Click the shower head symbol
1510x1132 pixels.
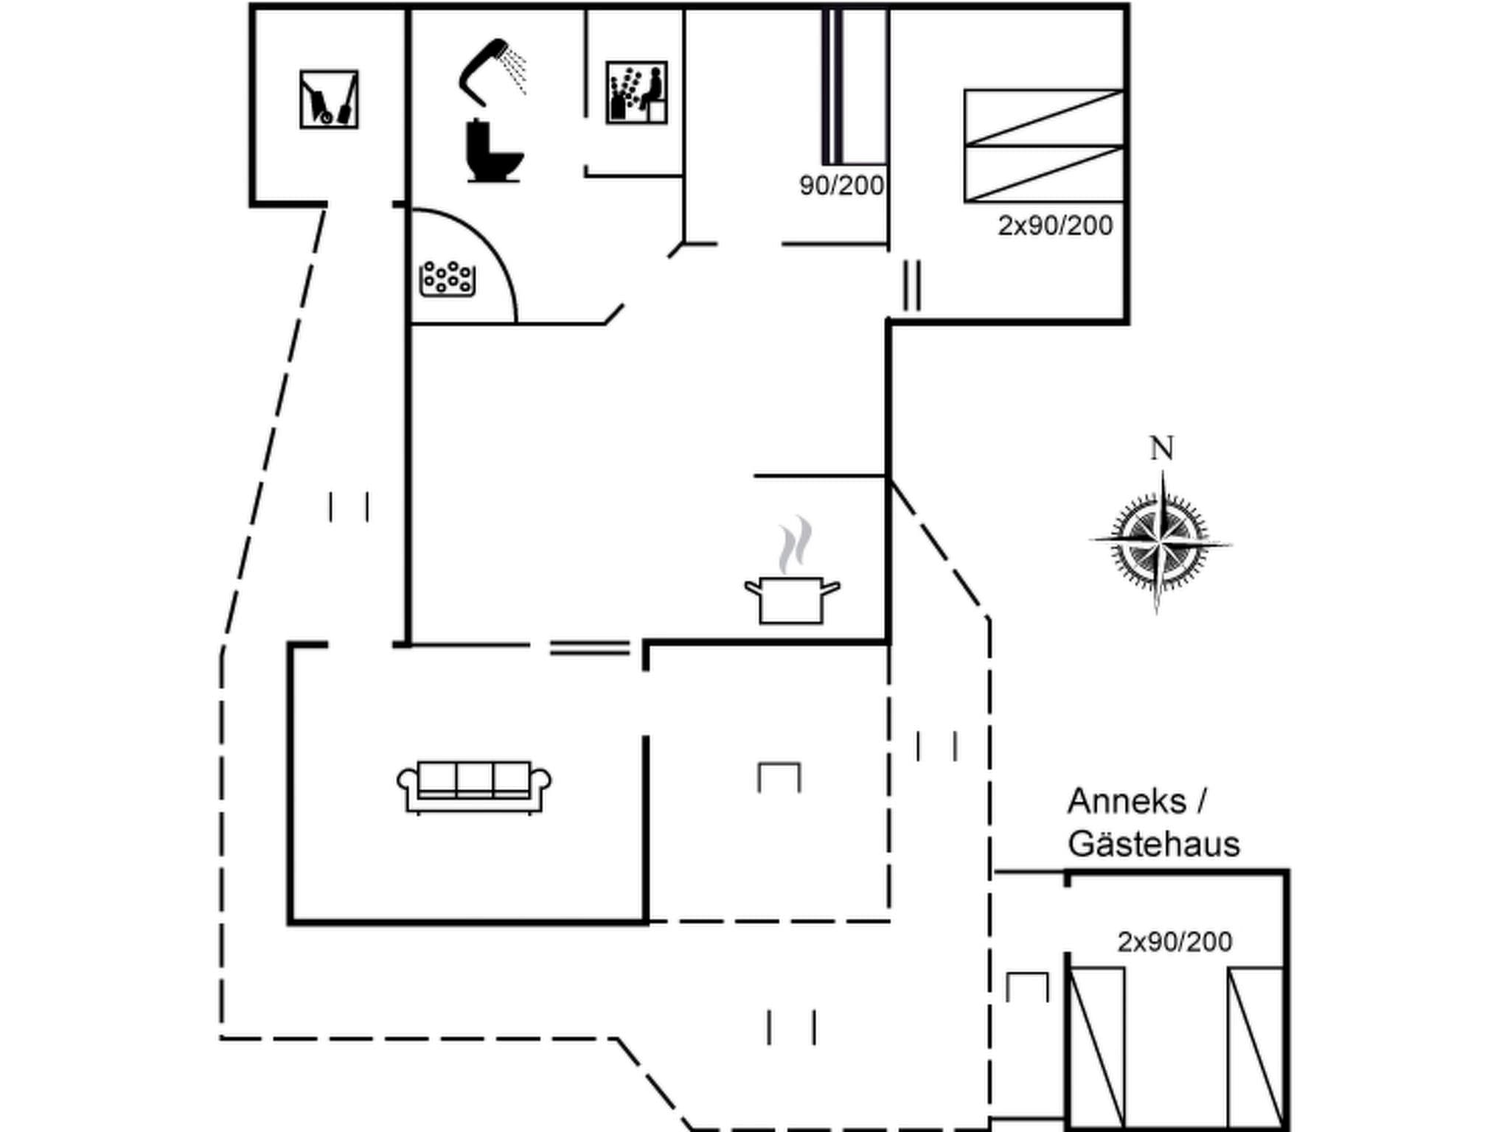tap(490, 69)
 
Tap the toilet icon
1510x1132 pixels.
tap(493, 152)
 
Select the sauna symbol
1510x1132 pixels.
tap(636, 93)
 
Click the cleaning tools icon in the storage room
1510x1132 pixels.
tap(329, 99)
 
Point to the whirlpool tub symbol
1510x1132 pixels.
tap(447, 279)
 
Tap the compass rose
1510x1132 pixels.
tap(1160, 544)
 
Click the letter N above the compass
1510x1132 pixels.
tap(1162, 448)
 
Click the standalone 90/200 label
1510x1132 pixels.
tap(841, 186)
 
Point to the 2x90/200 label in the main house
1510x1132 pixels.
tap(1054, 226)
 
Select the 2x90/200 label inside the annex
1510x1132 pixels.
tap(1174, 942)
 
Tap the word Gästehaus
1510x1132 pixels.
tap(1153, 845)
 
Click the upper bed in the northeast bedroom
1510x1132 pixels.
tap(1043, 118)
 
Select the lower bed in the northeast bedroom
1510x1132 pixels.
tap(1043, 174)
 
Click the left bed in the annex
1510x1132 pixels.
tap(1096, 1047)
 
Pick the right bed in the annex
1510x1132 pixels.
tap(1255, 1047)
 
